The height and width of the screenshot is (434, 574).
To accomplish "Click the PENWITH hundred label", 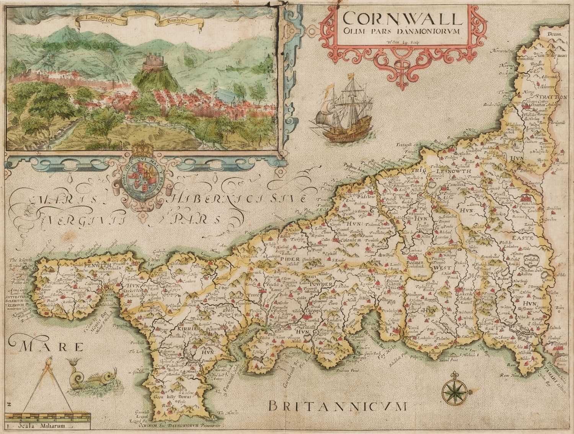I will (88, 265).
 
